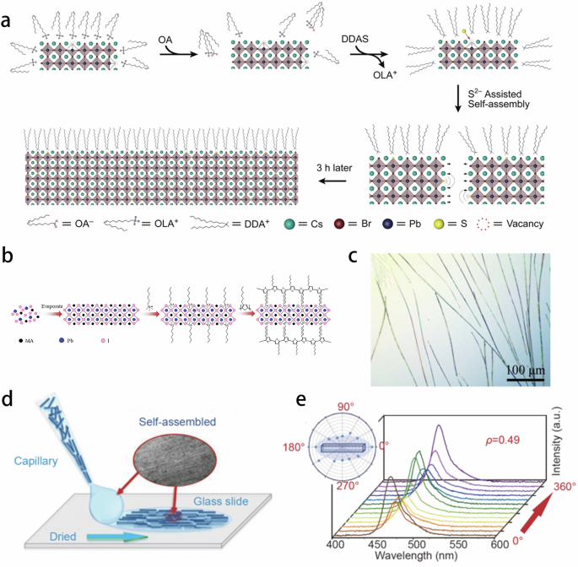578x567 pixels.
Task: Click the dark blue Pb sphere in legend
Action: click(x=401, y=224)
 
